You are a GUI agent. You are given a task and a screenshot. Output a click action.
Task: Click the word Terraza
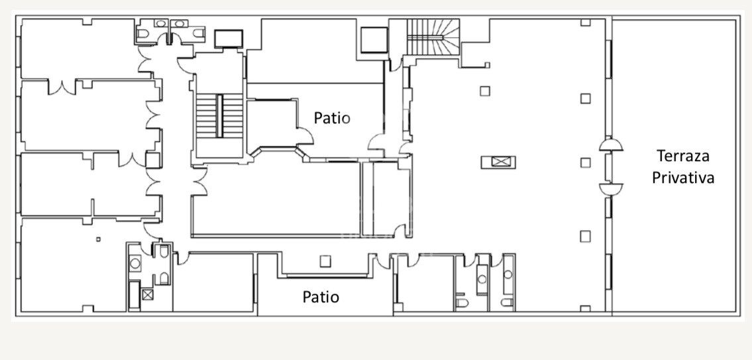pyautogui.click(x=683, y=156)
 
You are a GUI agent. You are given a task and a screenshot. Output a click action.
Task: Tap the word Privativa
pyautogui.click(x=683, y=178)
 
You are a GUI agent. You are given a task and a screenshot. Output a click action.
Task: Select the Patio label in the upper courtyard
pyautogui.click(x=332, y=118)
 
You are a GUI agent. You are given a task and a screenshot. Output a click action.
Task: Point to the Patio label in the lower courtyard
pyautogui.click(x=321, y=296)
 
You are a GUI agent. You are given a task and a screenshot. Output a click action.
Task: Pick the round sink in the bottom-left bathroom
pyautogui.click(x=135, y=263)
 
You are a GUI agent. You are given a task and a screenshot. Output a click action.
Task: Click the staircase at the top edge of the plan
pyautogui.click(x=432, y=37)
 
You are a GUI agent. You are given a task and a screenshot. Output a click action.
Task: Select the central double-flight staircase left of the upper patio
pyautogui.click(x=219, y=116)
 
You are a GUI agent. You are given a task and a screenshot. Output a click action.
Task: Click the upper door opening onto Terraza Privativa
pyautogui.click(x=610, y=145)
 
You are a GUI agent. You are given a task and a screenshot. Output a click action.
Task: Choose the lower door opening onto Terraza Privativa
pyautogui.click(x=610, y=188)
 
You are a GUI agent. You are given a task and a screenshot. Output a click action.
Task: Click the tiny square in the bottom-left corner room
pyautogui.click(x=98, y=239)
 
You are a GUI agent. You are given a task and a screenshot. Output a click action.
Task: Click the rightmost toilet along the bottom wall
pyautogui.click(x=507, y=304)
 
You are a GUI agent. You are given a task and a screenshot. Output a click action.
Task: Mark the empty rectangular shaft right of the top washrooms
pyautogui.click(x=229, y=38)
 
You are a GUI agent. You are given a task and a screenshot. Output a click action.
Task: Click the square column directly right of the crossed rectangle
pyautogui.click(x=585, y=162)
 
